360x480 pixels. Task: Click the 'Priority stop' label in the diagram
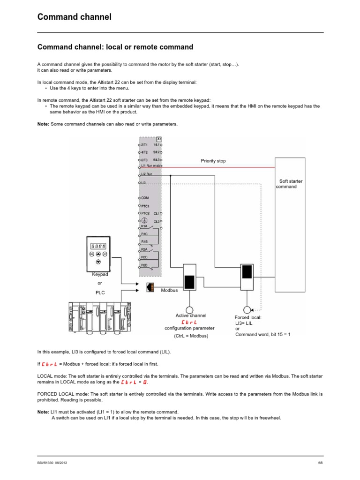pos(213,161)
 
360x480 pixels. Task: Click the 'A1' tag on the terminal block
pos(159,139)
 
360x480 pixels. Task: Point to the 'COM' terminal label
pos(145,198)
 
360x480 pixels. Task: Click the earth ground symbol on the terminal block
pos(145,220)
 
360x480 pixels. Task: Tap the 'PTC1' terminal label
pos(145,206)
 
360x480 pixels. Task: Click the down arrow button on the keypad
pos(98,262)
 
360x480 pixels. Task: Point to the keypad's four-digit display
pos(98,245)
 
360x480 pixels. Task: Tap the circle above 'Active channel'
pos(189,310)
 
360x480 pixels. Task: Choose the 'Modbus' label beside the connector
pos(169,291)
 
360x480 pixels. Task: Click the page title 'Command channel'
pos(75,17)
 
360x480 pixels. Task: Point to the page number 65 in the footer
pos(321,464)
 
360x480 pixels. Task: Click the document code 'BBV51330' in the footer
pos(46,464)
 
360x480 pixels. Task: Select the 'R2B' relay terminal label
pos(144,265)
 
